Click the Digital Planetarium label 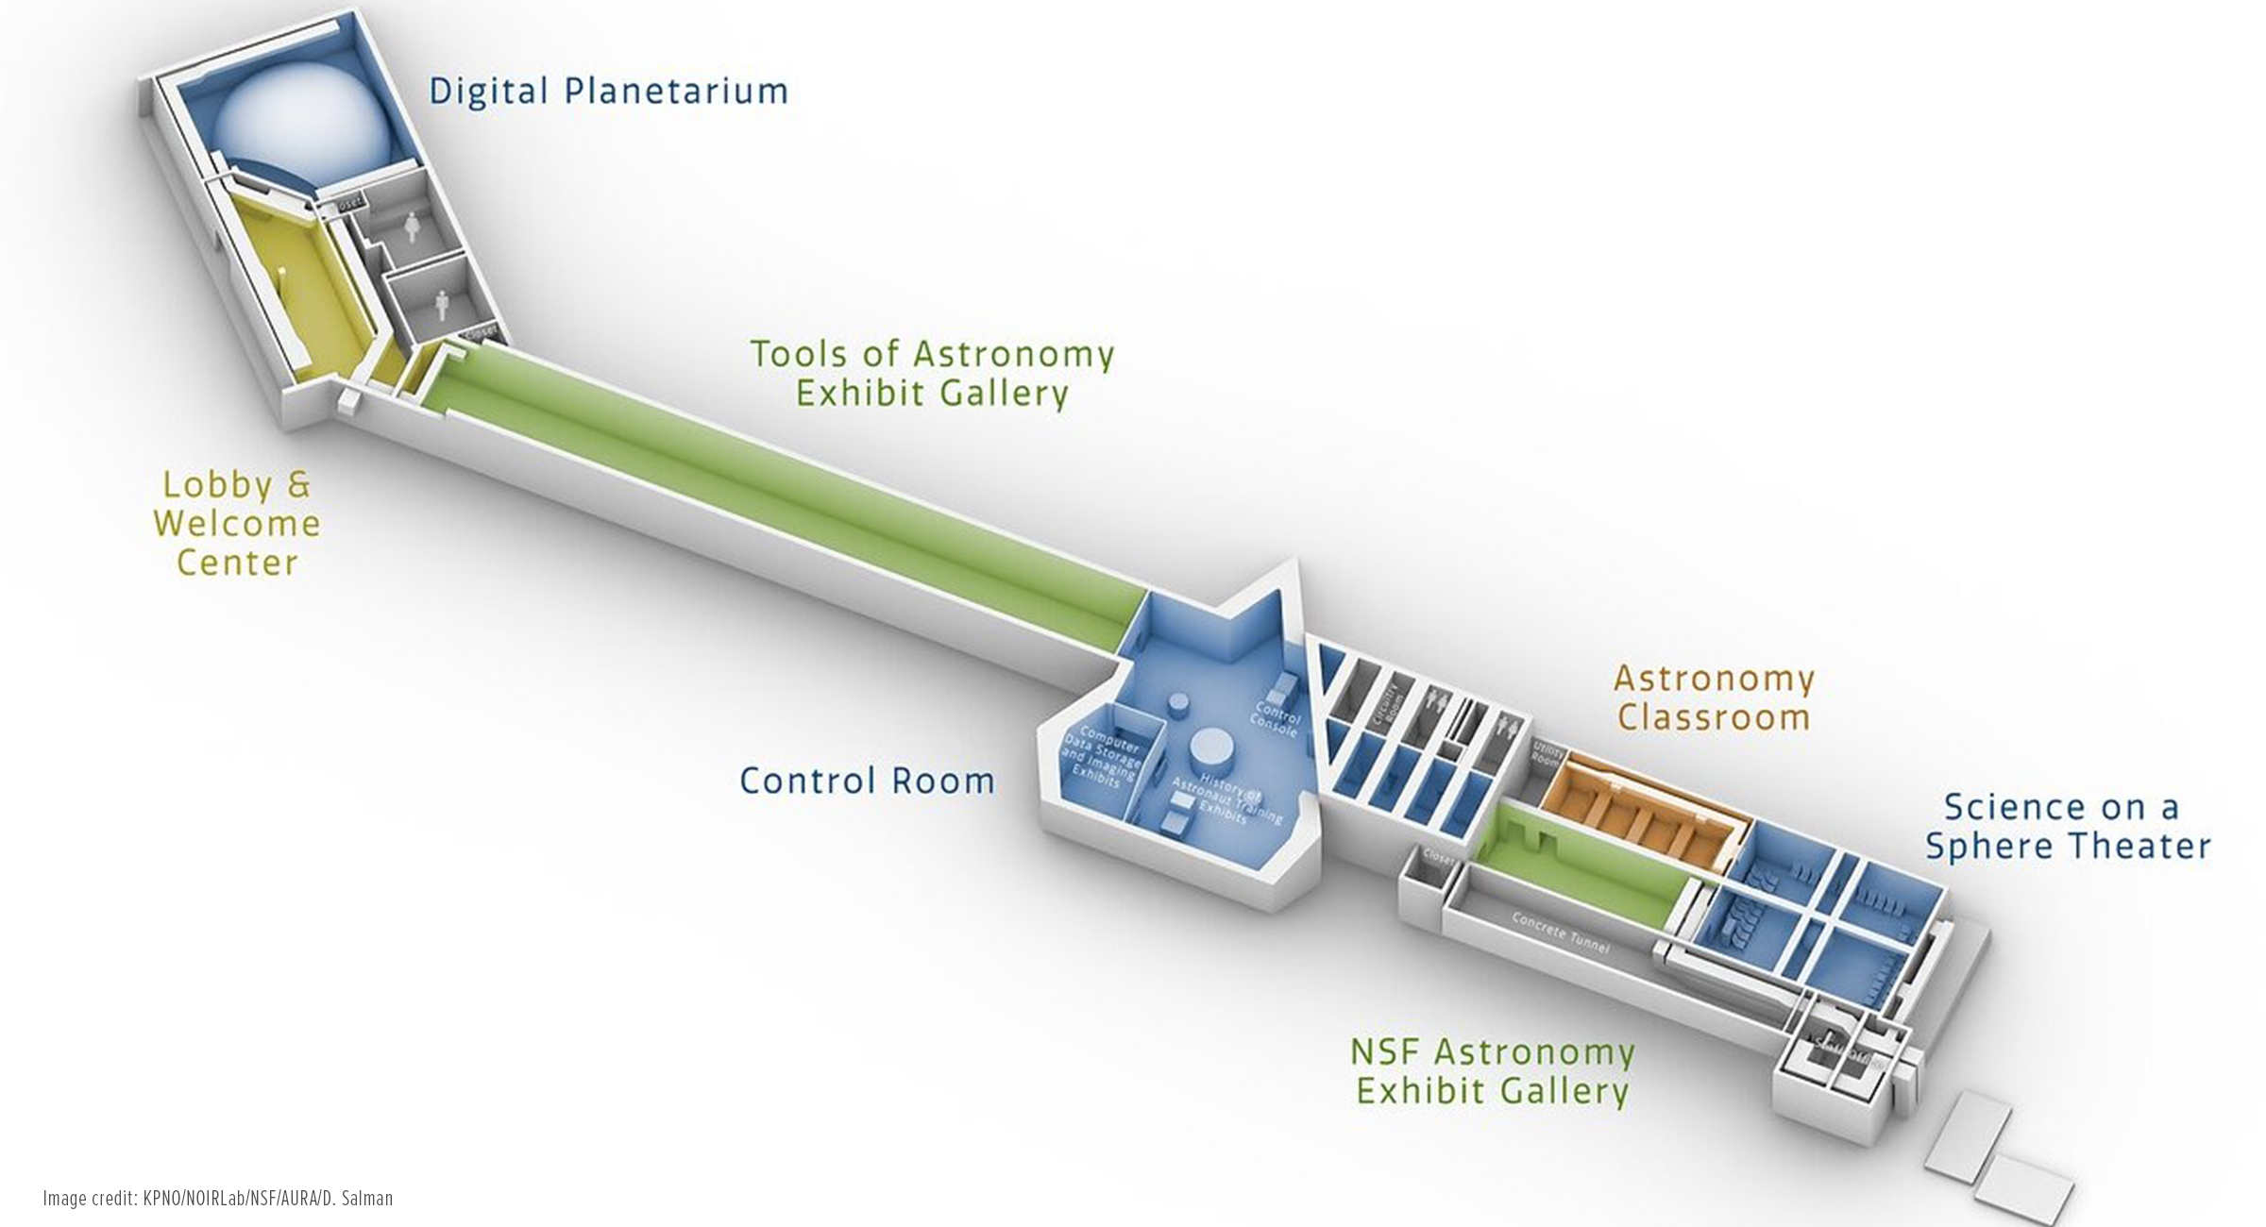tap(608, 92)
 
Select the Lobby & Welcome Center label tap(237, 523)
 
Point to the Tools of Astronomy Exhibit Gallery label tap(932, 374)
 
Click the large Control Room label tap(867, 781)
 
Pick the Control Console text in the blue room tap(1277, 717)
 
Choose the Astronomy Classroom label tap(1714, 698)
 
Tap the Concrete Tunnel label tap(1560, 932)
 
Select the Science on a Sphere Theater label tap(2068, 826)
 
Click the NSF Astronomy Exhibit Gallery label tap(1493, 1071)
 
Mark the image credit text tap(218, 1198)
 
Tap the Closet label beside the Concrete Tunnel tap(1437, 857)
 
